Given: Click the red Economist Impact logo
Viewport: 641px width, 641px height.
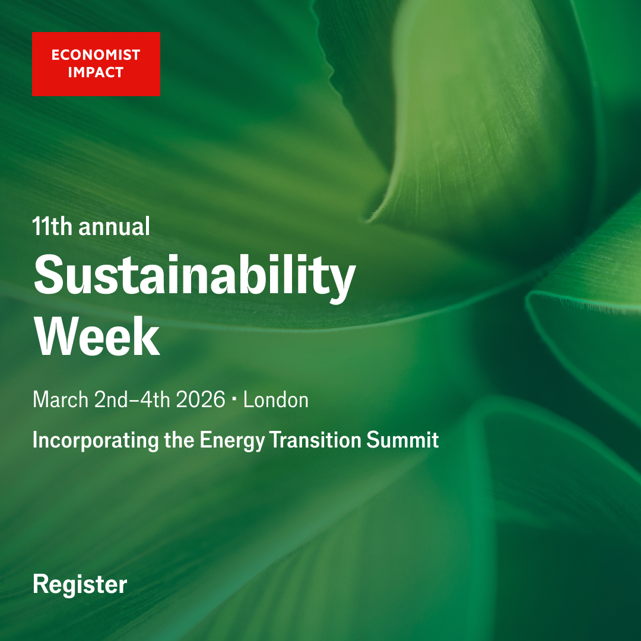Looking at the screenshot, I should click(x=96, y=64).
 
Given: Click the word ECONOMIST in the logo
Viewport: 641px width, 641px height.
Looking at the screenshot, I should click(x=96, y=55).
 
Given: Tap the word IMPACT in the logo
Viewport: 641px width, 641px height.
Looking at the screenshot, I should click(x=87, y=72).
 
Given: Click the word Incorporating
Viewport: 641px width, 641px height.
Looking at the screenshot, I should click(x=95, y=440).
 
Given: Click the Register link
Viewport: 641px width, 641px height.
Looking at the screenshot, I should click(x=80, y=585).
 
